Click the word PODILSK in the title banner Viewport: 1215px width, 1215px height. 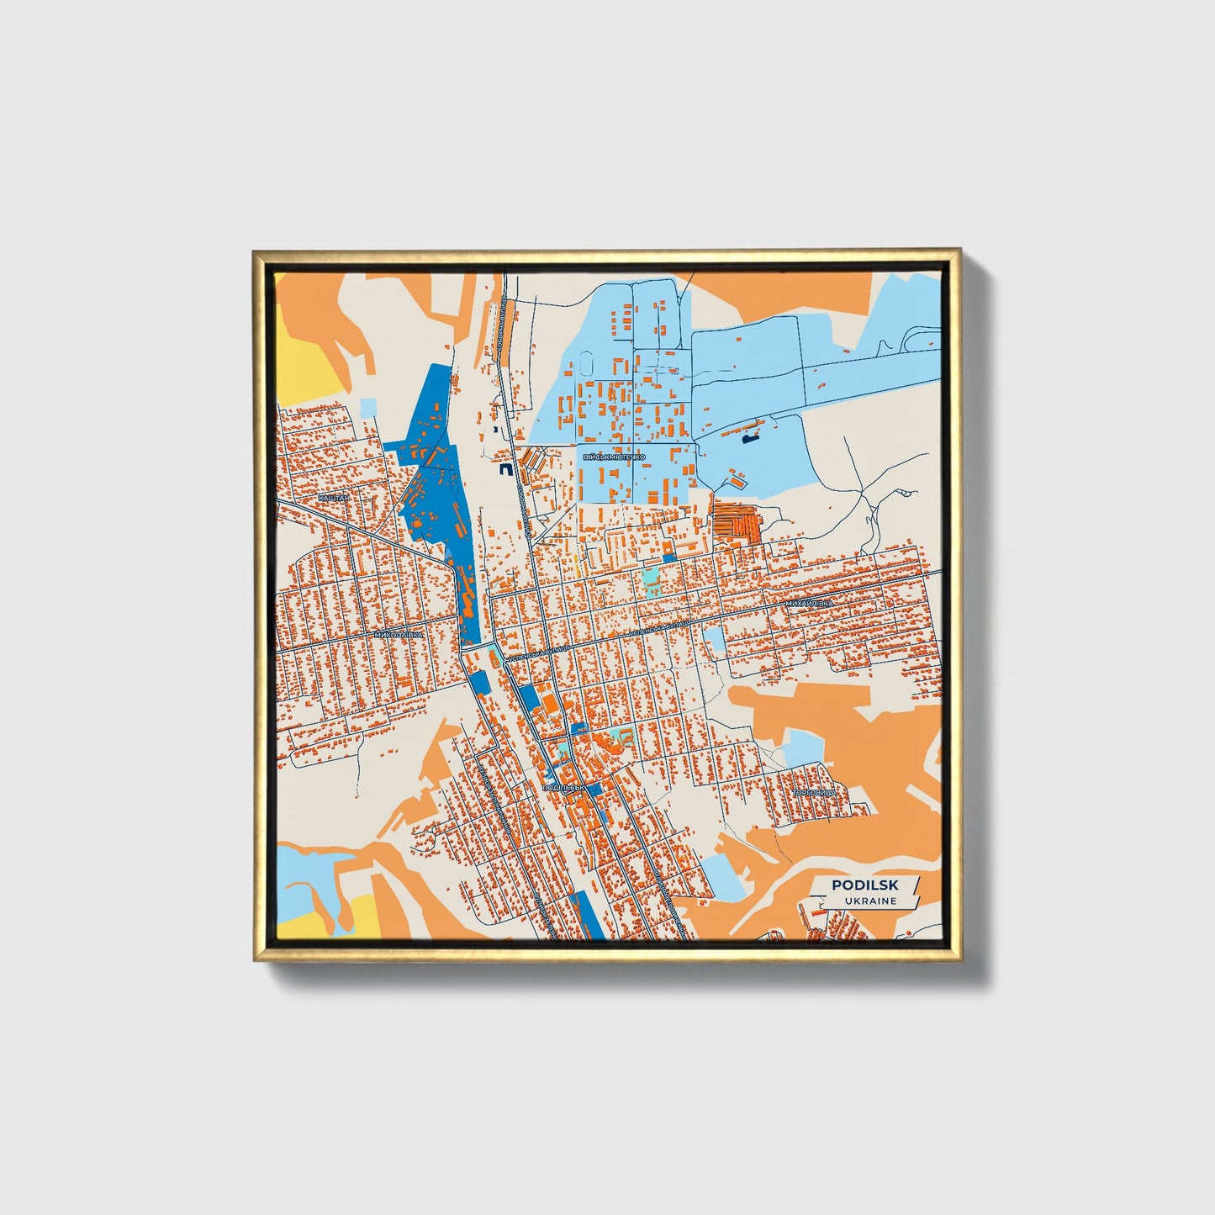864,885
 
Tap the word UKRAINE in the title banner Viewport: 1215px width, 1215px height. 871,901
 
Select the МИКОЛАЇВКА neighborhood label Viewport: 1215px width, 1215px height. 399,635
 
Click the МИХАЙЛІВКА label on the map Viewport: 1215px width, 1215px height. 808,604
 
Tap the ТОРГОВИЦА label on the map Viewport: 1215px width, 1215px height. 815,793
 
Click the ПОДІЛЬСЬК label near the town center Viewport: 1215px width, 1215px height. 563,787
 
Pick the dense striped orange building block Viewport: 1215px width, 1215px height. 737,523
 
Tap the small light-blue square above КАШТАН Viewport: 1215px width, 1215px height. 368,408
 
